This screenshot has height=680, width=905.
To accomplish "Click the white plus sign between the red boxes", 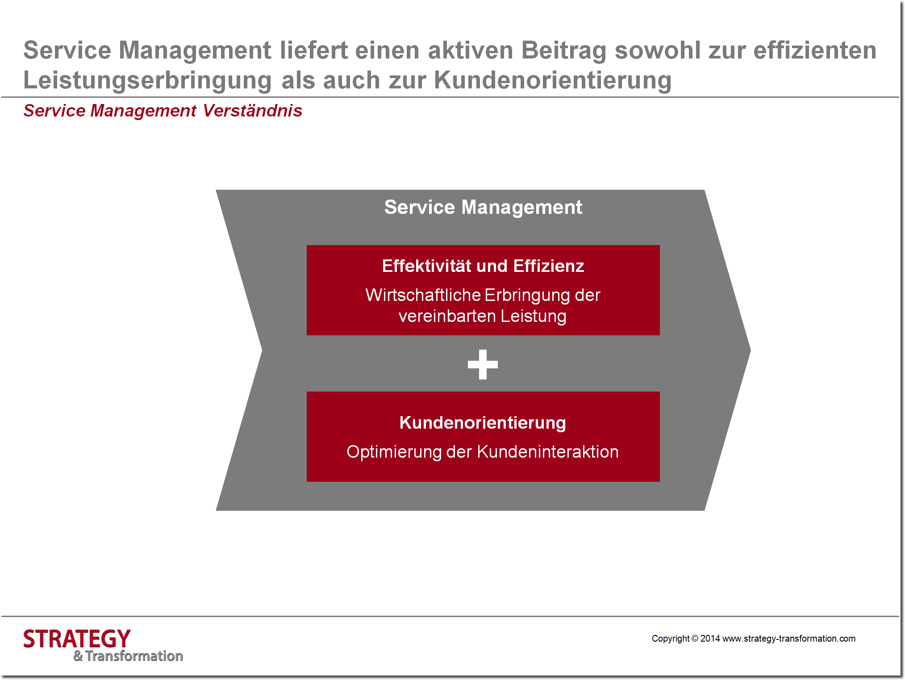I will [483, 364].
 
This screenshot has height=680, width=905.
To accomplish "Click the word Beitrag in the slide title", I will [564, 50].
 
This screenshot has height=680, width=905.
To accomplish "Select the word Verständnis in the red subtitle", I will [252, 111].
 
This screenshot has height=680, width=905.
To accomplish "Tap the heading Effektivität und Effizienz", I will [483, 266].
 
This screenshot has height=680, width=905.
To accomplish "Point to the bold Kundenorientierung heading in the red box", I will [483, 422].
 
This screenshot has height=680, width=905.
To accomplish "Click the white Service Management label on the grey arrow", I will [483, 207].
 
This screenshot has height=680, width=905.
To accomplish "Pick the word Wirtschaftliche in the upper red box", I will [423, 295].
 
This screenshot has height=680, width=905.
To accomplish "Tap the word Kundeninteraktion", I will [548, 452].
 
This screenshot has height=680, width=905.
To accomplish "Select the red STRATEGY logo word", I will [77, 639].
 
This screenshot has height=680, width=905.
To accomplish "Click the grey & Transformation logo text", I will [128, 656].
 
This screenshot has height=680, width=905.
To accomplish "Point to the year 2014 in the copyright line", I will [710, 638].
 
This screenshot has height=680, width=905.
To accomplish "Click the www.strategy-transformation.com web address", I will [789, 638].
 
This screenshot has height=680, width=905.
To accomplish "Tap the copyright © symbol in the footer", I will [695, 638].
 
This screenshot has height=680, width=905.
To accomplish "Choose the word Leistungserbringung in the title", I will [147, 80].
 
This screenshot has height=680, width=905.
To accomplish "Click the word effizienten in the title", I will [815, 50].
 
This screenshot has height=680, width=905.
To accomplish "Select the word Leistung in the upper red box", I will [534, 316].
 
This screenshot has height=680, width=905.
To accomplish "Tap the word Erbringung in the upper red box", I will [527, 295].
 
